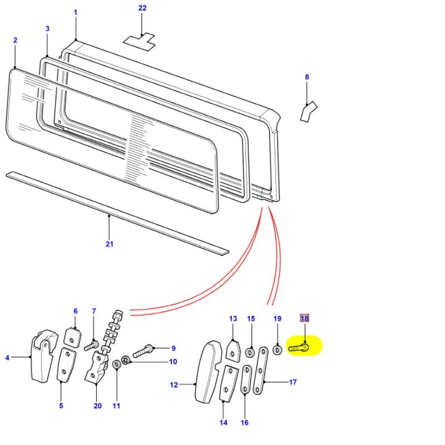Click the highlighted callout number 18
point(304,319)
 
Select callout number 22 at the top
point(142,8)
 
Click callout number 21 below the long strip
point(109,244)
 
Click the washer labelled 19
point(277,350)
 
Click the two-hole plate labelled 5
point(66,365)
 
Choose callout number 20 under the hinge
point(97,406)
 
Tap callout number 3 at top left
point(47,28)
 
